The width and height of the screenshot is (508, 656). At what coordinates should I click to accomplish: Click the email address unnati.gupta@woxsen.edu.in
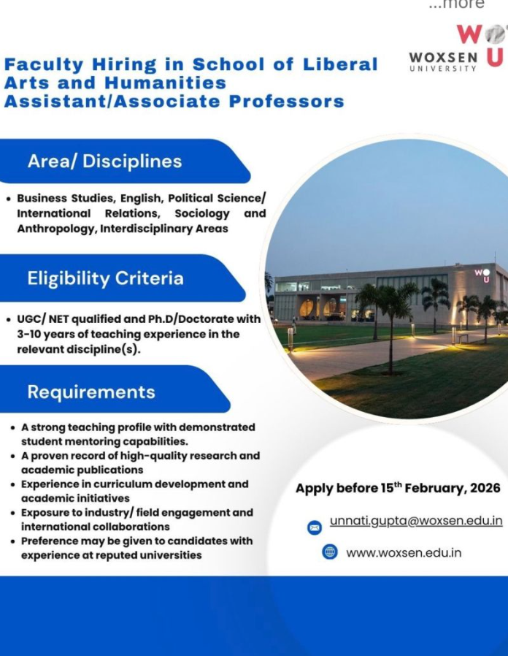click(x=416, y=521)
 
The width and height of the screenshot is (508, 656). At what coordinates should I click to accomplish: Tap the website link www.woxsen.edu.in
click(x=404, y=552)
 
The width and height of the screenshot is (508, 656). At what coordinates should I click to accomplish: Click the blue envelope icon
click(x=314, y=526)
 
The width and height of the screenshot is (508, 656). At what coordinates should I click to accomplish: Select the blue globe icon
click(x=330, y=552)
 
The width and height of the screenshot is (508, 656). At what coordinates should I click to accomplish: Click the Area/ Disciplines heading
click(x=104, y=161)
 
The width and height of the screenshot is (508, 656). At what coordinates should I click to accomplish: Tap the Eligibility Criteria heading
click(x=105, y=278)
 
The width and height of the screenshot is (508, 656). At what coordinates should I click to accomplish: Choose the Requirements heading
click(x=91, y=392)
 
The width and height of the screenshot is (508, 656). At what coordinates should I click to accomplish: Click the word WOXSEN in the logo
click(x=444, y=58)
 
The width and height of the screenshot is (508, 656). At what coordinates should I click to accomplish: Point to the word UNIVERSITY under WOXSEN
click(x=444, y=69)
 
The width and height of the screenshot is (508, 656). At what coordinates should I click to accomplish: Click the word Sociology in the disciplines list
click(x=202, y=213)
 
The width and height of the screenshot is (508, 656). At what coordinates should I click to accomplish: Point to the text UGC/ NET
click(x=49, y=319)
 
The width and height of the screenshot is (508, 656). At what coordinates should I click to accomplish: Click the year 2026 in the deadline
click(x=482, y=488)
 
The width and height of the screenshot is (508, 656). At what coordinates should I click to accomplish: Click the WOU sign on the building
click(x=482, y=275)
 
